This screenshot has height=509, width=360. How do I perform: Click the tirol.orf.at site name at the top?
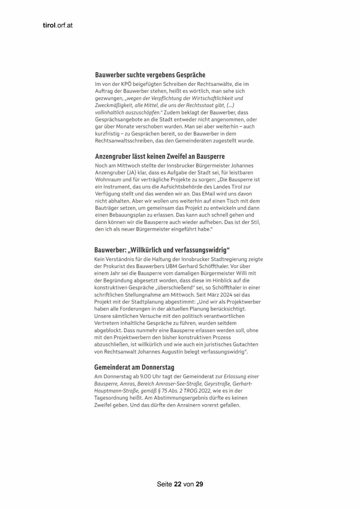point(57,26)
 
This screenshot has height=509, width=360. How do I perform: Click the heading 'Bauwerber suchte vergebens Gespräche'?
point(150,75)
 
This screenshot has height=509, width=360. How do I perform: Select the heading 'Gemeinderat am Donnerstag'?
point(134,367)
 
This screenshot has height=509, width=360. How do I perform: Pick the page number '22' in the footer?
point(178,484)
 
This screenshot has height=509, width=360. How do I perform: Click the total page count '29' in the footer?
point(199,484)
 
